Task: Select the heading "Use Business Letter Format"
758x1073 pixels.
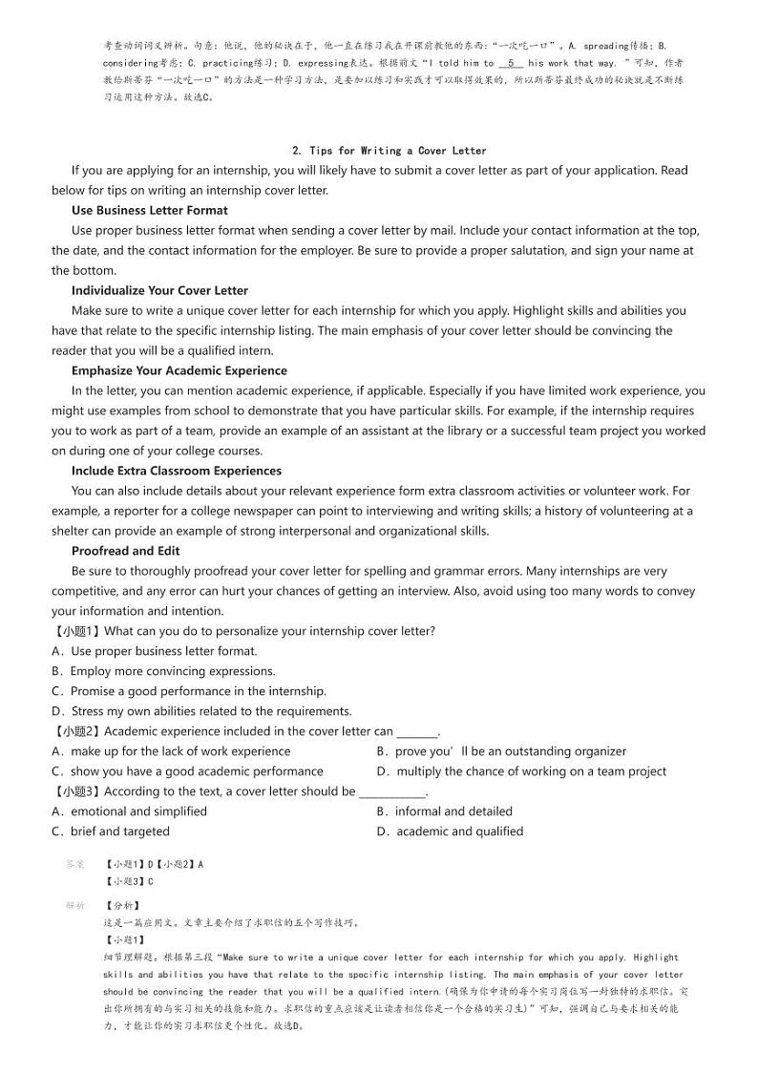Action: [149, 210]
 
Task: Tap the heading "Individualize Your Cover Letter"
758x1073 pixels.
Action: [159, 290]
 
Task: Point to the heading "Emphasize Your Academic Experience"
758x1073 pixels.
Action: [179, 370]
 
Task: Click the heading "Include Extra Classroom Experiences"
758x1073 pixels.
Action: [176, 471]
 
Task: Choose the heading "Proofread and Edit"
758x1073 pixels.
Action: [125, 551]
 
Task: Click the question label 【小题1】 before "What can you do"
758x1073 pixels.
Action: [76, 631]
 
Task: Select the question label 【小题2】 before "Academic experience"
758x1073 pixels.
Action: [76, 731]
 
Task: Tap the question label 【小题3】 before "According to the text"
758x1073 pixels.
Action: [76, 791]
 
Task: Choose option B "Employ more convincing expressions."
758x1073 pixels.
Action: [163, 671]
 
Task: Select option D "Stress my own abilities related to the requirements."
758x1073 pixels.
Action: [201, 711]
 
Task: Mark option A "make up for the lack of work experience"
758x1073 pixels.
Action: [171, 751]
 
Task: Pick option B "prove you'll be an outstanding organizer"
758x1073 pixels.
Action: [501, 751]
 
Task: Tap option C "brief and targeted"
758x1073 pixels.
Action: [111, 831]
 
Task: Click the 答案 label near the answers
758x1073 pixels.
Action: [75, 864]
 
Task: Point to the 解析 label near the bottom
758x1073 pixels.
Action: [75, 905]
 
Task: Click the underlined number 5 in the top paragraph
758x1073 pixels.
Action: [512, 63]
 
